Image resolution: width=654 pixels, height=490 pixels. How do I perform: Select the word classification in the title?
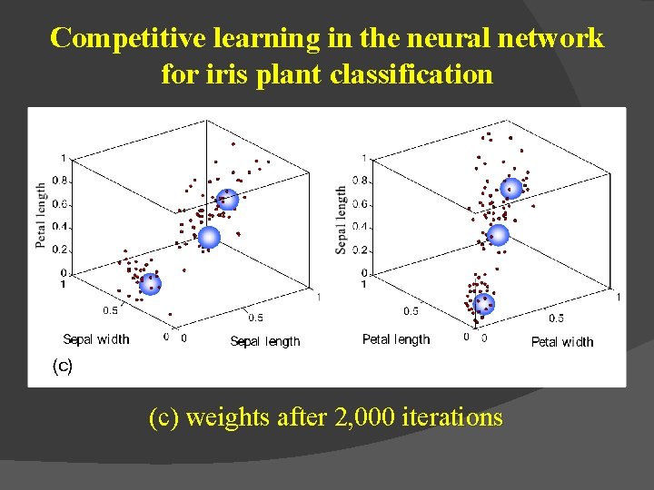(411, 73)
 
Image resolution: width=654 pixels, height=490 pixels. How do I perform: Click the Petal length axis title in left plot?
(42, 216)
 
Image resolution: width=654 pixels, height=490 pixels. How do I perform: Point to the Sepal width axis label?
(96, 339)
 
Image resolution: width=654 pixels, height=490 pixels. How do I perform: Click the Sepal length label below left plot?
(265, 341)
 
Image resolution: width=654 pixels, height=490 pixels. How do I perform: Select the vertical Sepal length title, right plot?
(342, 220)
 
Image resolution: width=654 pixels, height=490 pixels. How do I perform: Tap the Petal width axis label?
(562, 341)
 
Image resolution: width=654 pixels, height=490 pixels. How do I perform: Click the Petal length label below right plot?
(396, 339)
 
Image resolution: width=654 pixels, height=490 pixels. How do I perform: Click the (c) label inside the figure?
(62, 366)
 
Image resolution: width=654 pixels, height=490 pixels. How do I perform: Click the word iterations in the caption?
(448, 417)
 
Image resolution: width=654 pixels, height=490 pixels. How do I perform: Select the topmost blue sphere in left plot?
(227, 200)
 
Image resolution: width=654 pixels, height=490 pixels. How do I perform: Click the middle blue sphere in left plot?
(209, 238)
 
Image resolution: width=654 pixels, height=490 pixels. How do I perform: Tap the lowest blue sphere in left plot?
(150, 284)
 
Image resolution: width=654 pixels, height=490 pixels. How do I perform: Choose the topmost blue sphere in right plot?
(512, 189)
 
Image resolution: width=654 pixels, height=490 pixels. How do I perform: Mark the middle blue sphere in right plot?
(497, 236)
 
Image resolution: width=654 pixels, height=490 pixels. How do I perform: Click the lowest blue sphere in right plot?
(484, 303)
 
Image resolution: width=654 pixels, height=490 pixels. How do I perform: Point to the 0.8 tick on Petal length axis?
(60, 181)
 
